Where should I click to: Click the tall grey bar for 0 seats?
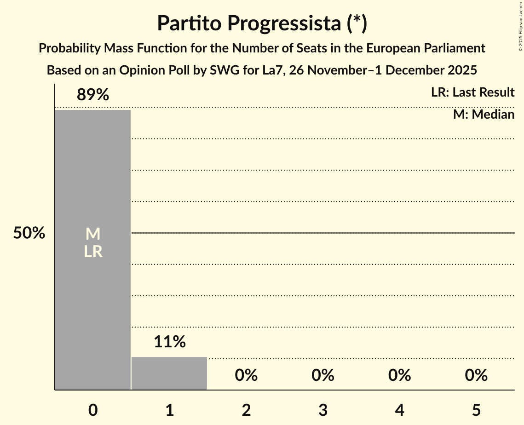[93, 184]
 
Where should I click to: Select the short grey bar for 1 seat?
[169, 373]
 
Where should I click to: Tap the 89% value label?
[93, 95]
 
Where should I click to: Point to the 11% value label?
[169, 342]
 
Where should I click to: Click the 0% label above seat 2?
[246, 375]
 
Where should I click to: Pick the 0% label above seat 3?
[323, 375]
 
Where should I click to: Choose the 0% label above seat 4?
[399, 375]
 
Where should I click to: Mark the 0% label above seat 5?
[476, 375]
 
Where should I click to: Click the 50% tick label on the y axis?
[29, 233]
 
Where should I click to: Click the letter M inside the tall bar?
[93, 234]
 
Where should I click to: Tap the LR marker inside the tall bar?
[93, 252]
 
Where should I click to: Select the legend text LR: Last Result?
[472, 92]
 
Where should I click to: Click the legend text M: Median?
[484, 114]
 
